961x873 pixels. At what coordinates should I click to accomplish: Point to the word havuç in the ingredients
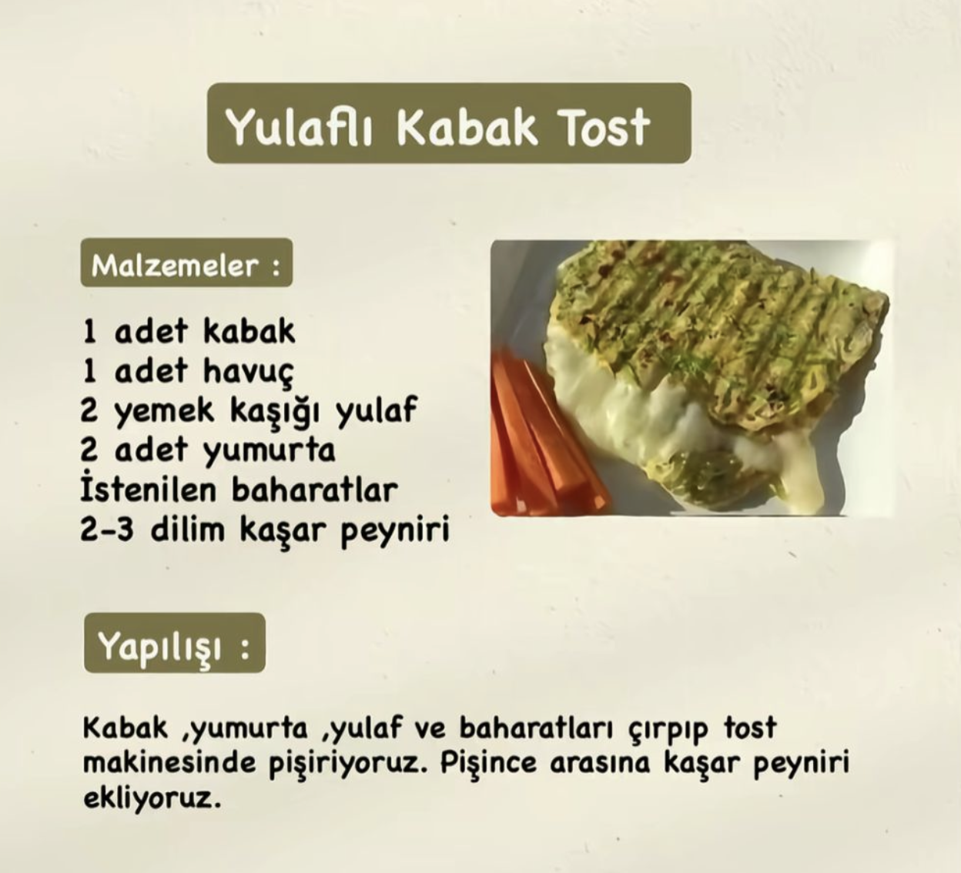(249, 372)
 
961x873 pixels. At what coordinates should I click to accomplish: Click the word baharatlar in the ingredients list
(315, 490)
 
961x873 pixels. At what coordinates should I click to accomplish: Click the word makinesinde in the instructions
(169, 764)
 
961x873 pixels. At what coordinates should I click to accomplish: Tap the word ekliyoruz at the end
(152, 798)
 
